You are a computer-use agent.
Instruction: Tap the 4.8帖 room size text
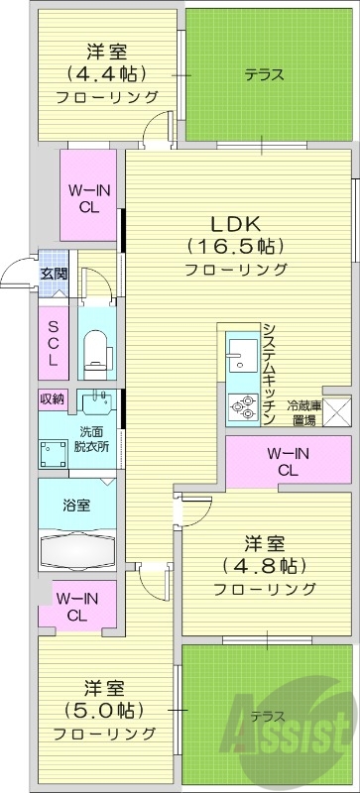coord(265,566)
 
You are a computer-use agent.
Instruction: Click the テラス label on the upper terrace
coord(265,74)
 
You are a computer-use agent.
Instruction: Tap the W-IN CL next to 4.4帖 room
coord(87,199)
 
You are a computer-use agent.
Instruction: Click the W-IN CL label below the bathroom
coord(75,607)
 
